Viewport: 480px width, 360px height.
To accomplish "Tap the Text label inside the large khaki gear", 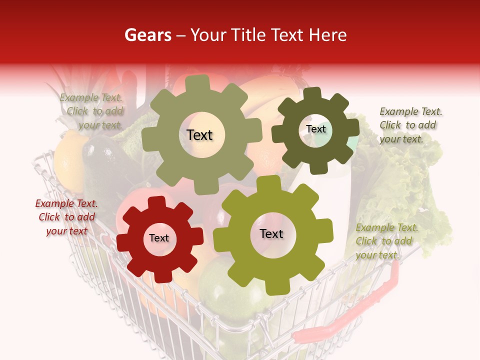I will [199, 135].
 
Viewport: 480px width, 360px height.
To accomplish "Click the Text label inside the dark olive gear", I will [315, 129].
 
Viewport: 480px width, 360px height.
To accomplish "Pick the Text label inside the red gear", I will [159, 238].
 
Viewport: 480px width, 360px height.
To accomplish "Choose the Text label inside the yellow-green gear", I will [271, 233].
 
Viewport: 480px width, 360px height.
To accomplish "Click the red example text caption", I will [66, 217].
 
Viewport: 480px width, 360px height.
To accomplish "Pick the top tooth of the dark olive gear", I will [312, 93].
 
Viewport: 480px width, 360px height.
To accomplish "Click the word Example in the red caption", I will [52, 203].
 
